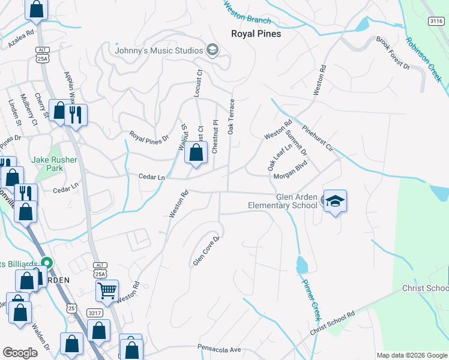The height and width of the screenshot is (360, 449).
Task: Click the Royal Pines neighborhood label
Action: pos(256,34)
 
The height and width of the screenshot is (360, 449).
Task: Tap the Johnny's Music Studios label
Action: pos(159,50)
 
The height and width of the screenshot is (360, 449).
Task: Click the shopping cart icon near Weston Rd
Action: pos(107,291)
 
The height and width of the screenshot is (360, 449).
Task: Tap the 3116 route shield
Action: pos(436,21)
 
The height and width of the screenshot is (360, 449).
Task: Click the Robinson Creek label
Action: pos(423,60)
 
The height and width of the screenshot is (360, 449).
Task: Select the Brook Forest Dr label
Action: pos(393,53)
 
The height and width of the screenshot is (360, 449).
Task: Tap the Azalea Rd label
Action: pos(21,40)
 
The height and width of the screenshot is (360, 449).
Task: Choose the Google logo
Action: pos(20,353)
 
